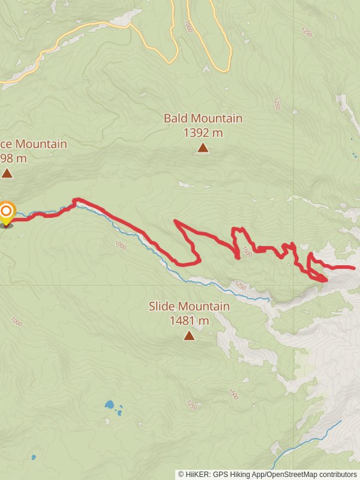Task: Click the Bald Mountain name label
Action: coord(203,118)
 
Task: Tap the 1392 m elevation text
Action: coord(203,133)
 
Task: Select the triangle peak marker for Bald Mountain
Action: coord(203,148)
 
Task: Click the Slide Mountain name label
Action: coord(189,307)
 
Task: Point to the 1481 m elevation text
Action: coord(189,321)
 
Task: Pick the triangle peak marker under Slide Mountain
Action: coord(189,335)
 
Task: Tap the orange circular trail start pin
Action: coord(7,212)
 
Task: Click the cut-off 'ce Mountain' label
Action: coord(33,144)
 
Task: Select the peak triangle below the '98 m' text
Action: coord(7,173)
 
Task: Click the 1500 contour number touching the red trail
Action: coord(247,251)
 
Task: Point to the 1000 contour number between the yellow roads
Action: coord(188,26)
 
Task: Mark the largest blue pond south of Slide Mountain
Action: coord(110,404)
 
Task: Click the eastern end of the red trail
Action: coord(353,268)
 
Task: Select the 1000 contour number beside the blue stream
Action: coord(119,244)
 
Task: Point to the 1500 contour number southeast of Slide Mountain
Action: coord(233,394)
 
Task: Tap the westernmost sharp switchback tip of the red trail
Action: coord(175,221)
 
